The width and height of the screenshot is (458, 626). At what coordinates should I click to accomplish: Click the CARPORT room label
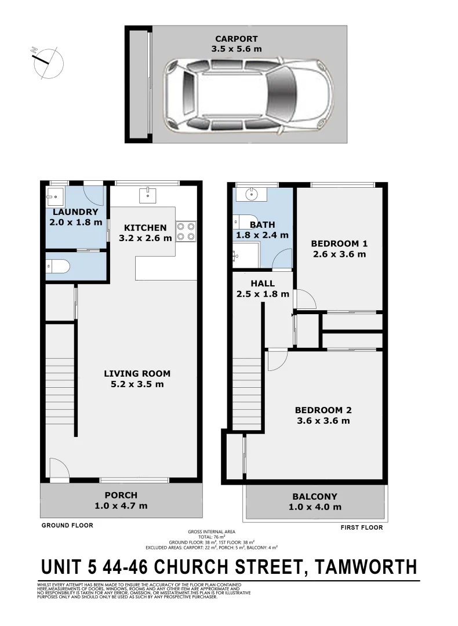(236, 39)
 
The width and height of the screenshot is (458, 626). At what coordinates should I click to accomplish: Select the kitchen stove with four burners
(186, 231)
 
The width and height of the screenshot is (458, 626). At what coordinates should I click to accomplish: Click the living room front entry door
(59, 469)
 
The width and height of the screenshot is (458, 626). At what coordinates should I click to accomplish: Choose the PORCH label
(121, 495)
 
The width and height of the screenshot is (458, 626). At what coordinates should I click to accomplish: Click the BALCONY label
(315, 497)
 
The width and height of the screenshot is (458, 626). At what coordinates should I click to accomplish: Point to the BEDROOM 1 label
(339, 243)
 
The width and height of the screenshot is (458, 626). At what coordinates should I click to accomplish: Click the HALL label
(263, 283)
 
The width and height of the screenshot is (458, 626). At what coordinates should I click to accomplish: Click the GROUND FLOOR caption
(67, 526)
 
